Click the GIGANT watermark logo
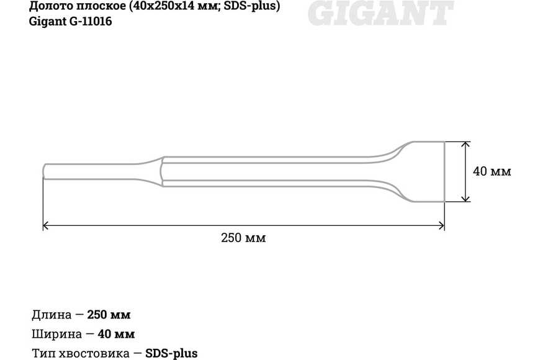(380, 13)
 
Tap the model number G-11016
(91, 21)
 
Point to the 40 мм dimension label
(492, 171)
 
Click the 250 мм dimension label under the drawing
(243, 238)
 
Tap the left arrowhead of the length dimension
(45, 226)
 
